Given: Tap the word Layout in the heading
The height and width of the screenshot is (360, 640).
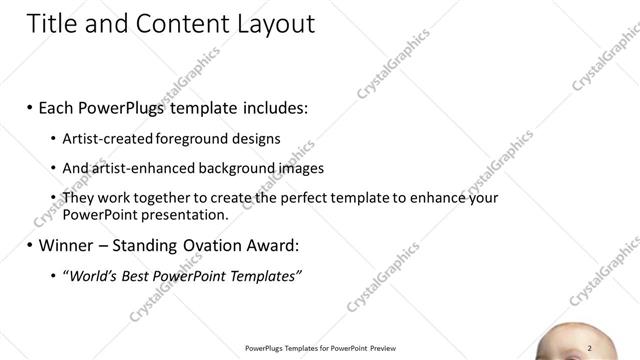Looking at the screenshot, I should pos(267,24).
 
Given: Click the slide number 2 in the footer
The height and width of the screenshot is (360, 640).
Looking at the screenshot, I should pos(590,347).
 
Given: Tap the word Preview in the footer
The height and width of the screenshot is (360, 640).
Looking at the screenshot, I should pos(384,348).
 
